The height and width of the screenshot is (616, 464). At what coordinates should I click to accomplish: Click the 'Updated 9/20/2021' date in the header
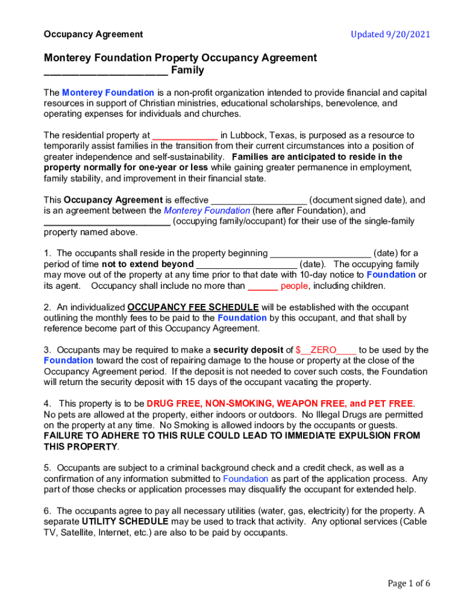(x=390, y=34)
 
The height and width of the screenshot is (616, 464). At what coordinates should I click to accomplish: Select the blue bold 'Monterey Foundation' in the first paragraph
(x=108, y=93)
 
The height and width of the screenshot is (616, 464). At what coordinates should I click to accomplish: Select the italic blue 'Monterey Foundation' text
(x=207, y=211)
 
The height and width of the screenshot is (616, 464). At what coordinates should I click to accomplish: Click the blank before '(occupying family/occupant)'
(x=107, y=222)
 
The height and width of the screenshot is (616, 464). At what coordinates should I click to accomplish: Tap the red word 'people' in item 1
(x=294, y=286)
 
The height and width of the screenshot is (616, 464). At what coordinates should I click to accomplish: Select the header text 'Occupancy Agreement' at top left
(x=93, y=34)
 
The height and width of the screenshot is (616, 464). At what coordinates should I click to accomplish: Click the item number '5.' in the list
(x=48, y=467)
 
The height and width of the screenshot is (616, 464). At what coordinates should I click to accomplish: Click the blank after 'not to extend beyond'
(x=246, y=265)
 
